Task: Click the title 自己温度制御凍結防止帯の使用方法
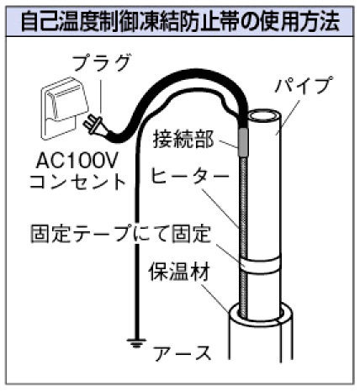pos(180,21)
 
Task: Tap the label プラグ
pos(101,63)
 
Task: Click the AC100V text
pos(77,161)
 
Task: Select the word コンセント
pos(77,182)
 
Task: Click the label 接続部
pos(183,139)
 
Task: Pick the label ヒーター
pos(189,176)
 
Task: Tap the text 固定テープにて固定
pos(120,234)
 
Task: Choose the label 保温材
pos(179,272)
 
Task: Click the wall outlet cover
pos(65,108)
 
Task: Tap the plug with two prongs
pos(94,125)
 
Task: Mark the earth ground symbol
pos(136,343)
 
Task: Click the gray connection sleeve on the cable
pos(243,142)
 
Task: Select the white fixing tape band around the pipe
pos(260,264)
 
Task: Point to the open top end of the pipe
pos(262,116)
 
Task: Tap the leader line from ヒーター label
pos(221,209)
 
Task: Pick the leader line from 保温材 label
pos(215,298)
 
